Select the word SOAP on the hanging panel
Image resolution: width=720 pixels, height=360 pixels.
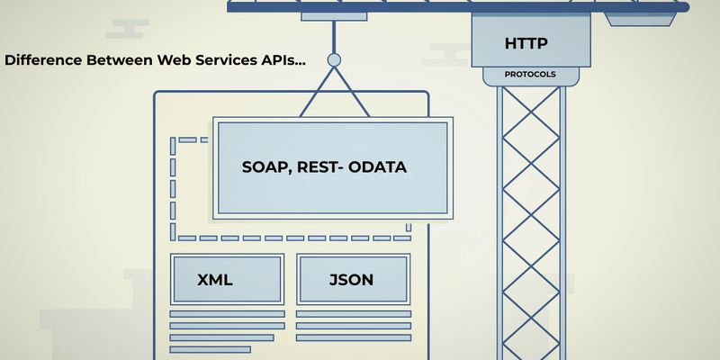266,167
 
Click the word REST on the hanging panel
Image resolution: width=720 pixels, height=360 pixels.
322,167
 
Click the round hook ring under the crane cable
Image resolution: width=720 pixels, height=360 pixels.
334,60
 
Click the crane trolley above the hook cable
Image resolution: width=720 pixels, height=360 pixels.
334,16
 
